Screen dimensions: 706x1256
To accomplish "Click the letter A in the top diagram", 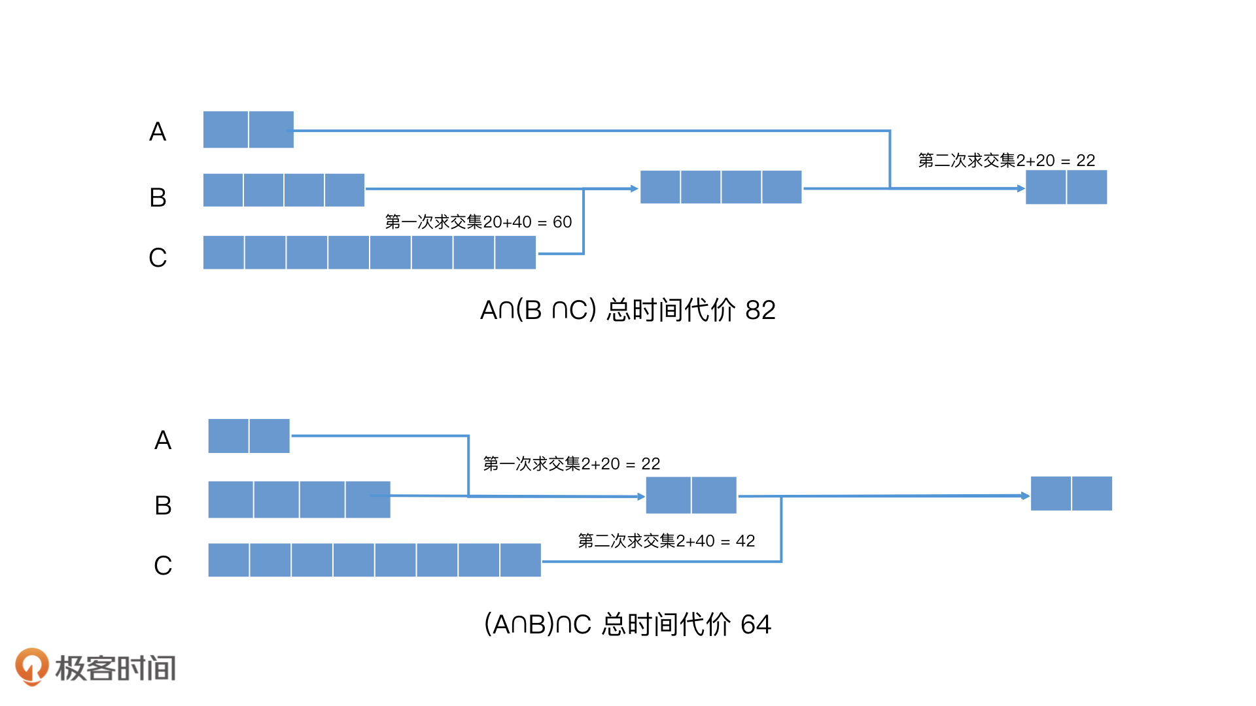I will pos(158,132).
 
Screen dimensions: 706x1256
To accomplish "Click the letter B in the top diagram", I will pos(158,197).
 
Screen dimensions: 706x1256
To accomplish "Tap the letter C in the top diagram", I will pos(158,258).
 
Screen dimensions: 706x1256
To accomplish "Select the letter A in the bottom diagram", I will pos(163,441).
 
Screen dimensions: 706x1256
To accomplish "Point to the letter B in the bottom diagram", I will pos(163,505).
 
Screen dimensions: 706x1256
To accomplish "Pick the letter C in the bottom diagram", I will pos(163,565).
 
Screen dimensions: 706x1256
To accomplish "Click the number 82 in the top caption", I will pos(760,310).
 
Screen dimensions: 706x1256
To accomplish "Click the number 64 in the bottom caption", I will pos(756,624).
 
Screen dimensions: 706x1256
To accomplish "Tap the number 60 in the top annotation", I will pos(562,222).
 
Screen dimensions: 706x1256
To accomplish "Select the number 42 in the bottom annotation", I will pos(745,541).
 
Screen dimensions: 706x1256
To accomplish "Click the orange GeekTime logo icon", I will pos(31,666).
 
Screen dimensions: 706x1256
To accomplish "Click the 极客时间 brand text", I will pos(116,668).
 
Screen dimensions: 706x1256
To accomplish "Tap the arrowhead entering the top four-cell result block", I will pos(634,189).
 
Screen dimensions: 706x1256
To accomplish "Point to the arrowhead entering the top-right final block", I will pos(1020,188).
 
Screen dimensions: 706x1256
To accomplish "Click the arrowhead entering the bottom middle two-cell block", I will pos(641,497).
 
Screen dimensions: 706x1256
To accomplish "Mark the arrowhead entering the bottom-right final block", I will pos(1025,496).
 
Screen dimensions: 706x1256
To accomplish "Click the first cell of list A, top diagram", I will pos(226,129).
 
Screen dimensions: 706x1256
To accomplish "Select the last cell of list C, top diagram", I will pos(515,252).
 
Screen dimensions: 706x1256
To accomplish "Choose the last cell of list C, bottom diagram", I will pos(520,560).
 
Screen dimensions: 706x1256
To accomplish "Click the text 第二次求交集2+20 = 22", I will pos(1006,161).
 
